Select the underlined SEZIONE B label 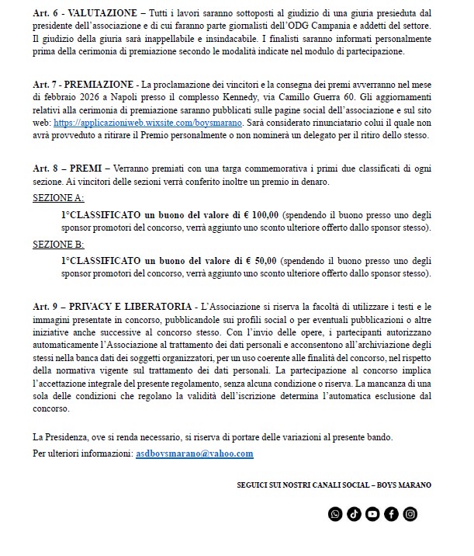59,244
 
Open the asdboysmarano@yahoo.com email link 195,453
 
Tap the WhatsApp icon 335,513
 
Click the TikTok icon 354,513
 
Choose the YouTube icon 372,513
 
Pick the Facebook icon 391,513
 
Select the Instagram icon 410,513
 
